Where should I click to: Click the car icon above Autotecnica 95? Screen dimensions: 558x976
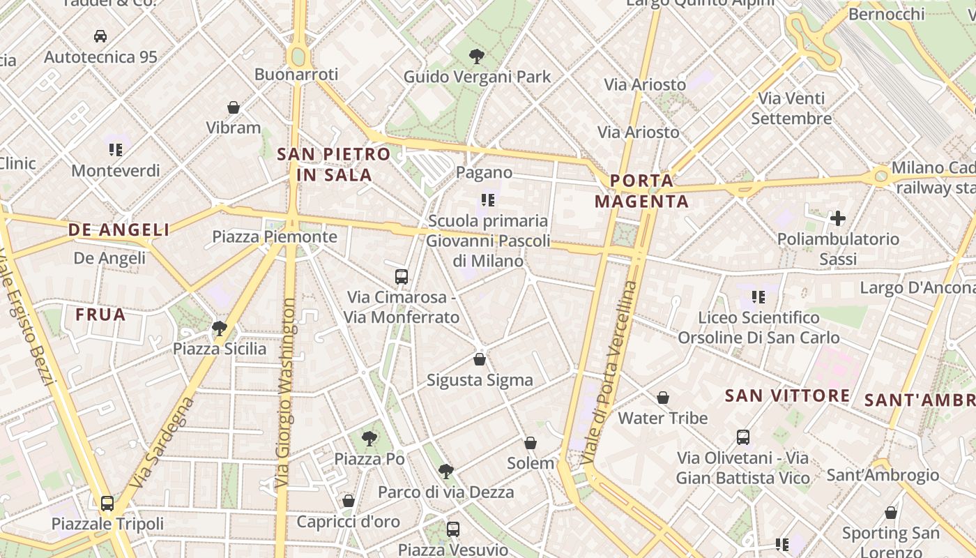tap(100, 36)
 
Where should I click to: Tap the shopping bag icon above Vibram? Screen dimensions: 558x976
tap(234, 107)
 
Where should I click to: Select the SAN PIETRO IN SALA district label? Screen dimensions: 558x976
tap(334, 165)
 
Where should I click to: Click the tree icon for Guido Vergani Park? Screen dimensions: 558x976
tap(477, 56)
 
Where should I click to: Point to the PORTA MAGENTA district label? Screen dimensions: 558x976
tap(649, 191)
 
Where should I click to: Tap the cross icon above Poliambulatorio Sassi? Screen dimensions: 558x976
tap(838, 218)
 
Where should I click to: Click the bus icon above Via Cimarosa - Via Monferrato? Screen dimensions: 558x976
tap(402, 276)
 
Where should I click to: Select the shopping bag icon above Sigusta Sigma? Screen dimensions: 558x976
tap(480, 359)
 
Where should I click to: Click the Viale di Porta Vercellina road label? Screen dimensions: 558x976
tap(611, 373)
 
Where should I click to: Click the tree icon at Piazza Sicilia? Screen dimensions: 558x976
tap(220, 328)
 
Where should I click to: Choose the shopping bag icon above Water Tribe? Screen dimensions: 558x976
tap(663, 398)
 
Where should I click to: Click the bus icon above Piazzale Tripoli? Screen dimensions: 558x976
tap(107, 503)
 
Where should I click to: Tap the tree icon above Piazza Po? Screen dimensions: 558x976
tap(369, 438)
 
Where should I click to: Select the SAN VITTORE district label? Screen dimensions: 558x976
tap(787, 396)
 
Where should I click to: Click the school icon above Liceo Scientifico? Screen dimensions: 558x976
tap(758, 297)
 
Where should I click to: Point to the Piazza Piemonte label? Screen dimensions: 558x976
tap(275, 237)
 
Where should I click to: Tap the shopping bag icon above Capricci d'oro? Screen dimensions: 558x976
tap(349, 501)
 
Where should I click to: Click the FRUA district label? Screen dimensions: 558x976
tap(101, 315)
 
